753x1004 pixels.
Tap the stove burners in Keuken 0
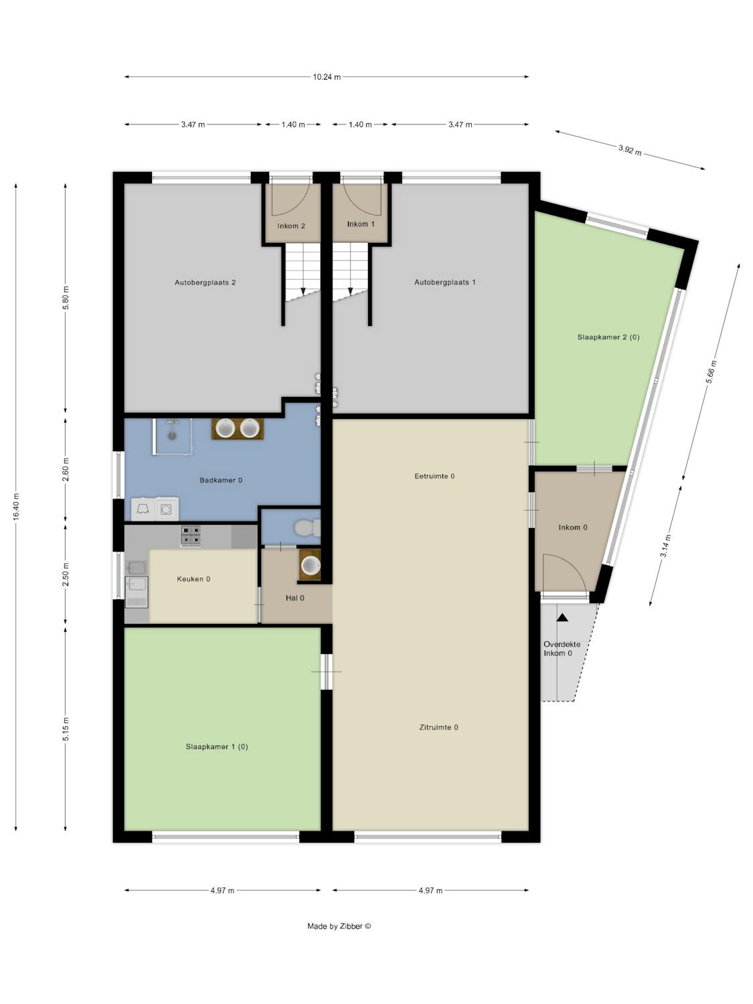click(191, 535)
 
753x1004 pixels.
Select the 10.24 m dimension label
click(327, 77)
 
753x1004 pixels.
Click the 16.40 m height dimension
click(16, 507)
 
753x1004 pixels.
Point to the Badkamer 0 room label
click(221, 481)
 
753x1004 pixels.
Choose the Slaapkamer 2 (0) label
click(608, 337)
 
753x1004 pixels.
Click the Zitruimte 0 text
click(438, 728)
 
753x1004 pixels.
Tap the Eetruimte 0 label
click(434, 476)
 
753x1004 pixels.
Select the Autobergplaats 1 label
click(445, 282)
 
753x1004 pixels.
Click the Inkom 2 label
click(291, 226)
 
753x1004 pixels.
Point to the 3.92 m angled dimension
click(630, 150)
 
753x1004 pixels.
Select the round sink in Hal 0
click(311, 566)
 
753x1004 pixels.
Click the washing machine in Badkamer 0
click(167, 509)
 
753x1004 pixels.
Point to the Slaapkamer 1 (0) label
click(217, 747)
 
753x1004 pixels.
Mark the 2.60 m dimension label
click(66, 469)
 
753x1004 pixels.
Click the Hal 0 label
click(295, 598)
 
